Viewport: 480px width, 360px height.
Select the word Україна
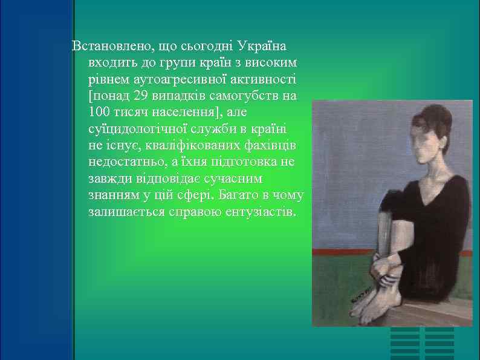(262, 47)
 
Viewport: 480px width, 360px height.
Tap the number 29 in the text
(141, 96)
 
